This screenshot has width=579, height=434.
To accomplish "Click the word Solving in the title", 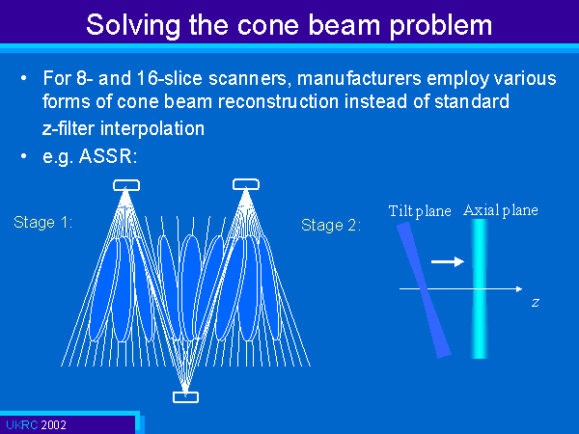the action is click(x=133, y=26).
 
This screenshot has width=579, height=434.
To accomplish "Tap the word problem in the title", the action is click(x=441, y=26).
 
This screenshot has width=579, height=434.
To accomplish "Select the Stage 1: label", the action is click(x=43, y=222).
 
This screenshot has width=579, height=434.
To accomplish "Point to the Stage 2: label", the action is click(x=331, y=225).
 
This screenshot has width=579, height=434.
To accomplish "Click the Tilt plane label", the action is click(x=420, y=211).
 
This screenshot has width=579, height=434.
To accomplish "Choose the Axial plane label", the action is click(x=500, y=210).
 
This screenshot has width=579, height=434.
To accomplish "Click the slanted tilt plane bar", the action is click(x=424, y=289).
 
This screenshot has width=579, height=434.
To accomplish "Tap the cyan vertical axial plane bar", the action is click(x=480, y=288).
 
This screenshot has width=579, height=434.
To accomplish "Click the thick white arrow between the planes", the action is click(x=448, y=261).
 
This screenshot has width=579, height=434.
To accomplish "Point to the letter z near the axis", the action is click(x=536, y=303).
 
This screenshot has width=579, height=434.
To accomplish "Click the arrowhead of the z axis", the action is click(x=519, y=289).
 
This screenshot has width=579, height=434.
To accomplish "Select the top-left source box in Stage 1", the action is click(x=126, y=185).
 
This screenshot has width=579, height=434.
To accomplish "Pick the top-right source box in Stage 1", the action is click(x=246, y=184).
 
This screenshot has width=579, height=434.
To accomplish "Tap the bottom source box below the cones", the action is click(x=185, y=397).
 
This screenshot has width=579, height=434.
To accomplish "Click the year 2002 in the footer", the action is click(x=53, y=425).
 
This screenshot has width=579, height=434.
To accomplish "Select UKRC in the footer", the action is click(x=22, y=425).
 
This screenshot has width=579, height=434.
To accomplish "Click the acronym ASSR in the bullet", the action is click(x=105, y=156).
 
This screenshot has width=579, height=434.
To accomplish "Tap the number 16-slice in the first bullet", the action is click(x=170, y=78).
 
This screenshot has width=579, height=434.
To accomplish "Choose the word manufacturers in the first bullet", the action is click(x=359, y=78).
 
